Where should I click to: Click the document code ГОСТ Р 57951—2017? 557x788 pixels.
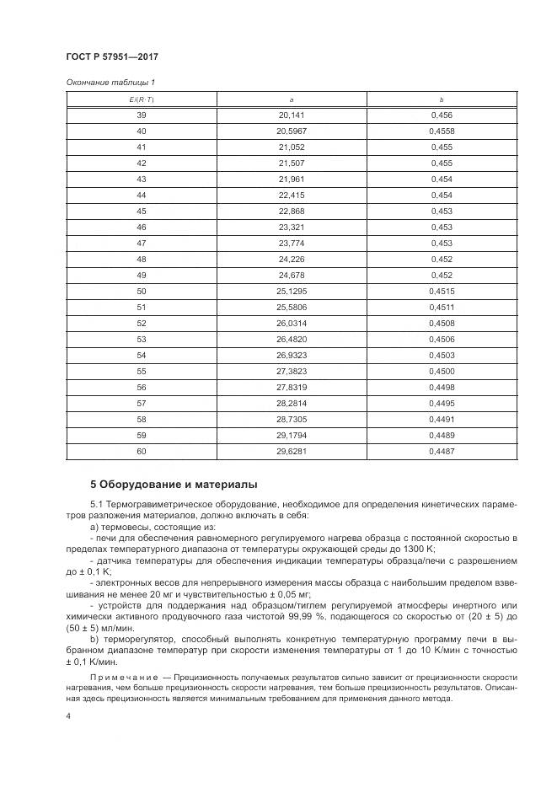(112, 56)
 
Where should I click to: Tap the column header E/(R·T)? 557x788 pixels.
(141, 99)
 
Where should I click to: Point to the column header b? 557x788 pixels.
(442, 99)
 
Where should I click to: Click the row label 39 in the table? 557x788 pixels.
(141, 115)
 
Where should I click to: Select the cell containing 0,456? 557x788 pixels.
(442, 115)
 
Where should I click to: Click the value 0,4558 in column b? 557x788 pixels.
(442, 131)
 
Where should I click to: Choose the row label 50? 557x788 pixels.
(141, 291)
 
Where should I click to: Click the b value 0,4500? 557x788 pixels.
(442, 371)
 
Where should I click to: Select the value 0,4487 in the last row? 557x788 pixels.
(442, 451)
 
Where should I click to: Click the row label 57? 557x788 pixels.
(141, 403)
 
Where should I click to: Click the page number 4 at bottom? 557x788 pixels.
(68, 716)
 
